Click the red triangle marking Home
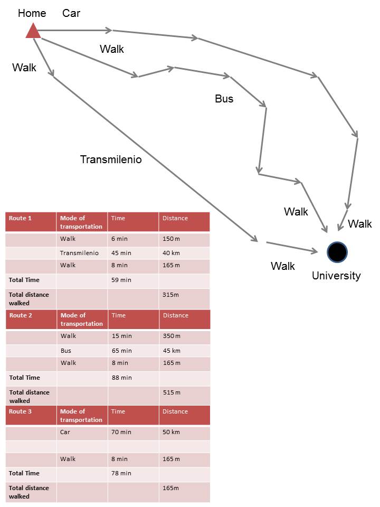click(33, 31)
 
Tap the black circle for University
click(337, 252)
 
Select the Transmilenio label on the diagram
click(111, 159)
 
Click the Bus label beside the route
click(224, 99)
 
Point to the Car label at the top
click(71, 13)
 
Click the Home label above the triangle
click(32, 13)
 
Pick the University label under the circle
click(336, 276)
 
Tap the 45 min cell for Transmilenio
click(133, 253)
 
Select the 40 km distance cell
click(184, 253)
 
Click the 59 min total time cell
click(133, 280)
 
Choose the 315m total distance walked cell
click(184, 298)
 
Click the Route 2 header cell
click(31, 320)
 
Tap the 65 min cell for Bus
click(134, 351)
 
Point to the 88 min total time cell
click(134, 378)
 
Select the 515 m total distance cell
click(185, 396)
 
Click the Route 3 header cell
click(31, 415)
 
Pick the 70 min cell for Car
click(133, 432)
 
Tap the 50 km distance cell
click(184, 432)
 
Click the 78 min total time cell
click(133, 473)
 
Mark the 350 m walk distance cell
click(185, 336)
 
